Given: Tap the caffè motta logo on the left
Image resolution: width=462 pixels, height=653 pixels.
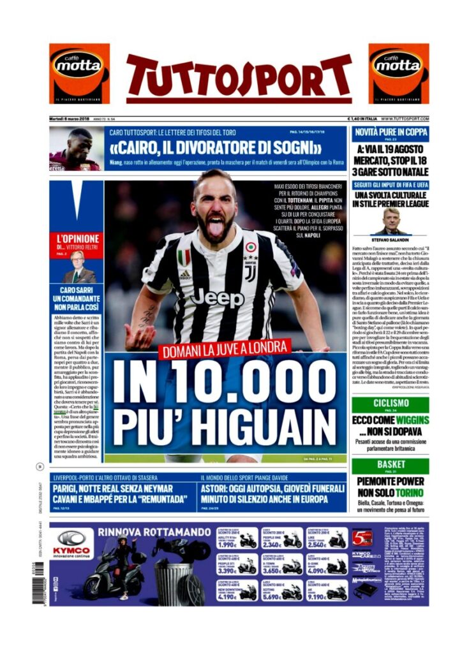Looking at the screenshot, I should [79, 73].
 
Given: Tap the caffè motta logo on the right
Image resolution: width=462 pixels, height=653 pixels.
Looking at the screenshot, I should [399, 73].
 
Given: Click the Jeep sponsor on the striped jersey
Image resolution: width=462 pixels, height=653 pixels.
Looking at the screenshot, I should [216, 297].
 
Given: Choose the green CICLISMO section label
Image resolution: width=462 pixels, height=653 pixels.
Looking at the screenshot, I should [390, 404].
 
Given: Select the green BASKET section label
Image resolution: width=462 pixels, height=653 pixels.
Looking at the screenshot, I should [390, 465].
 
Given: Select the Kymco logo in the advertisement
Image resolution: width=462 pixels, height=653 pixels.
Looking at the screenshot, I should [72, 543].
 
